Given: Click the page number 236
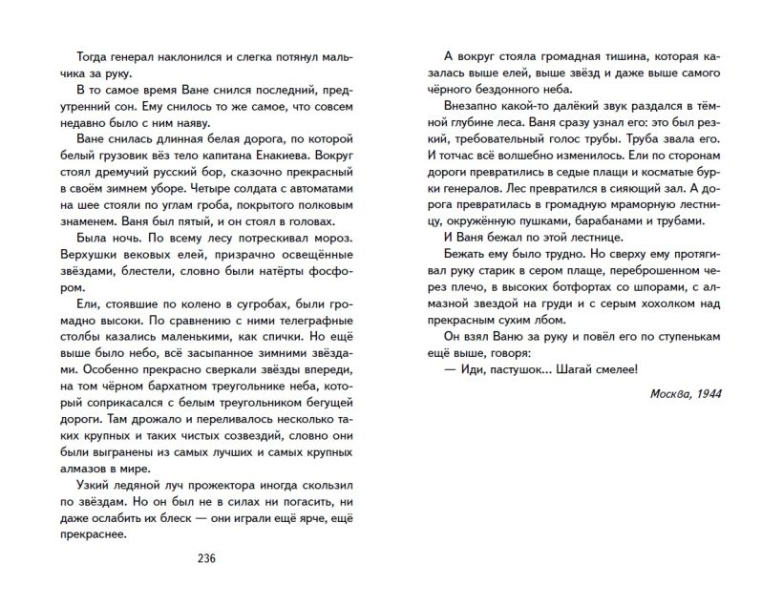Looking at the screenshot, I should coord(207,558).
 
